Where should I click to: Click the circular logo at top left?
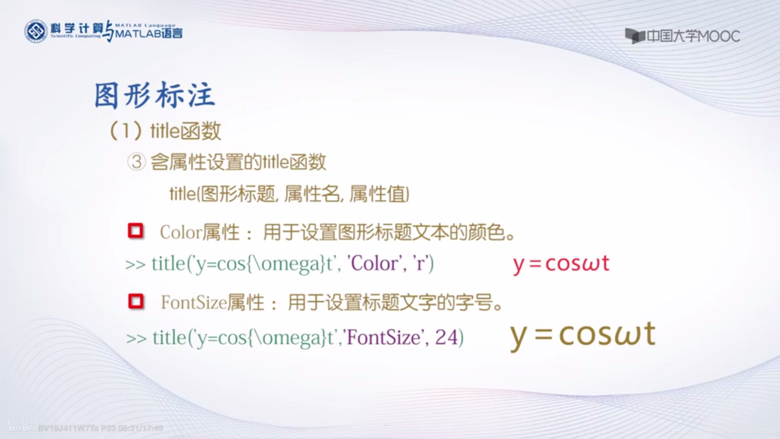pos(36,31)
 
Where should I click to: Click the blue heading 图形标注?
pos(155,95)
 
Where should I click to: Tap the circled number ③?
pos(136,162)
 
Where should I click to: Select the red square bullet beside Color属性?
pos(136,231)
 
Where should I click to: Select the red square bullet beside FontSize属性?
pos(136,301)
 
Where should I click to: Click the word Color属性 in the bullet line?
pos(200,232)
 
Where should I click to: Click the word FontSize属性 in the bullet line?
pos(213,303)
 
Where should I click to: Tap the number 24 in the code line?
pos(446,338)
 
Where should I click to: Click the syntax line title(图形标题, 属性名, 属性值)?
pos(289,194)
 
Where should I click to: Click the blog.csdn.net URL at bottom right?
pos(724,432)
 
